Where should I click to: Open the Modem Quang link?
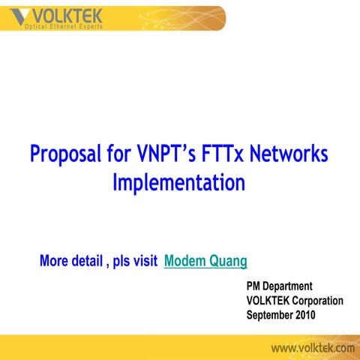pos(205,261)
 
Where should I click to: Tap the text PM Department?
pos(279,286)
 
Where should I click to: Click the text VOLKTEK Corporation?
pos(295,300)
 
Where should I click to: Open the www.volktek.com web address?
pos(313,348)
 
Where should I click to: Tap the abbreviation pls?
pos(120,262)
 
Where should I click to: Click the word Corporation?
pos(316,300)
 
